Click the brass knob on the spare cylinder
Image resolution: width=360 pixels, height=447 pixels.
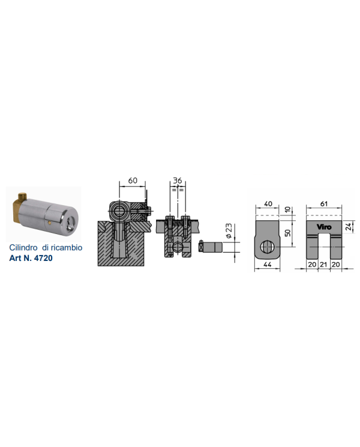coord(22,197)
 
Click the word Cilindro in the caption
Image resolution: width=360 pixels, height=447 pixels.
coord(23,247)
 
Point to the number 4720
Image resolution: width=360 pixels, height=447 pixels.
coord(43,258)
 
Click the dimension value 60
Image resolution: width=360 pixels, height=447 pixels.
coord(133,181)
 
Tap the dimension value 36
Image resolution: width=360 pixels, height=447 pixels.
coord(177,181)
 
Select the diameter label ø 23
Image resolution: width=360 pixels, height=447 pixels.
coord(229,231)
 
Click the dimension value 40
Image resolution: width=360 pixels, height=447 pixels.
coord(268,204)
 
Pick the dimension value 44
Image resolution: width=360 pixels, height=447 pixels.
coord(267,265)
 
